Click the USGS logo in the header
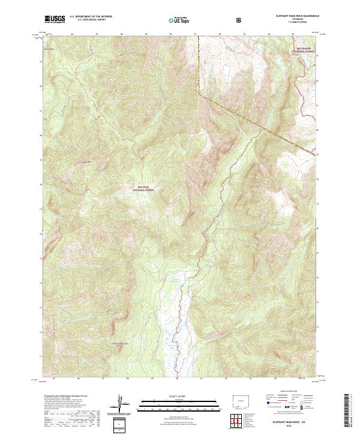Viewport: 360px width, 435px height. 55,20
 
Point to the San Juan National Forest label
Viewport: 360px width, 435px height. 140,188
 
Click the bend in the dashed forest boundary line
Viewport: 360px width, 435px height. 200,94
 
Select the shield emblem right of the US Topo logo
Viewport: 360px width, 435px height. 240,20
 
